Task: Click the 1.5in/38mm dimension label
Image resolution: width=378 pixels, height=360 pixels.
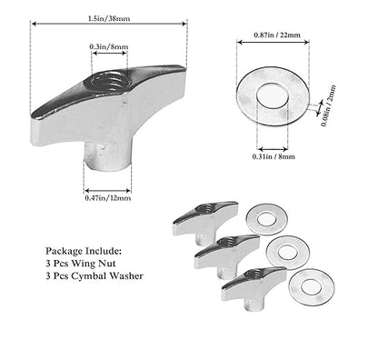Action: point(109,18)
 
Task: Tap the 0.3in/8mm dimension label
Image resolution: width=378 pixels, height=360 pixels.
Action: point(109,46)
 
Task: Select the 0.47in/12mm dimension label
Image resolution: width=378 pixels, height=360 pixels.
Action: point(108,198)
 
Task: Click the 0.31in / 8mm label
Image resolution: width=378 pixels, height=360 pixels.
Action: point(274,156)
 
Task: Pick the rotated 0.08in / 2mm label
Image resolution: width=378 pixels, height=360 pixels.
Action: point(329,105)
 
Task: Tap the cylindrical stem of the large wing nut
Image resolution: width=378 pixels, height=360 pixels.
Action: point(107,156)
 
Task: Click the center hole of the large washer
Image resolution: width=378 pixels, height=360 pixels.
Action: point(273,95)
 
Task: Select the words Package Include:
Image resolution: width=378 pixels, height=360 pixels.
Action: point(84,251)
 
